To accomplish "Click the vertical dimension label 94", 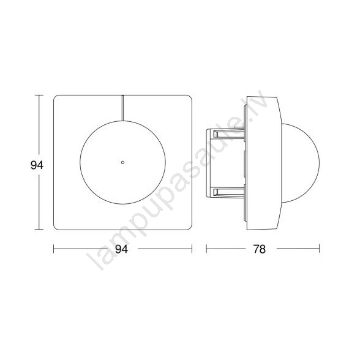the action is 37,165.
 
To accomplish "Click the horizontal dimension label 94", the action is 121,249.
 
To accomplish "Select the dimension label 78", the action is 260,249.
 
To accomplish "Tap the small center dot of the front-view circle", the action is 122,163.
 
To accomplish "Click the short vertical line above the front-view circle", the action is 122,108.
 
